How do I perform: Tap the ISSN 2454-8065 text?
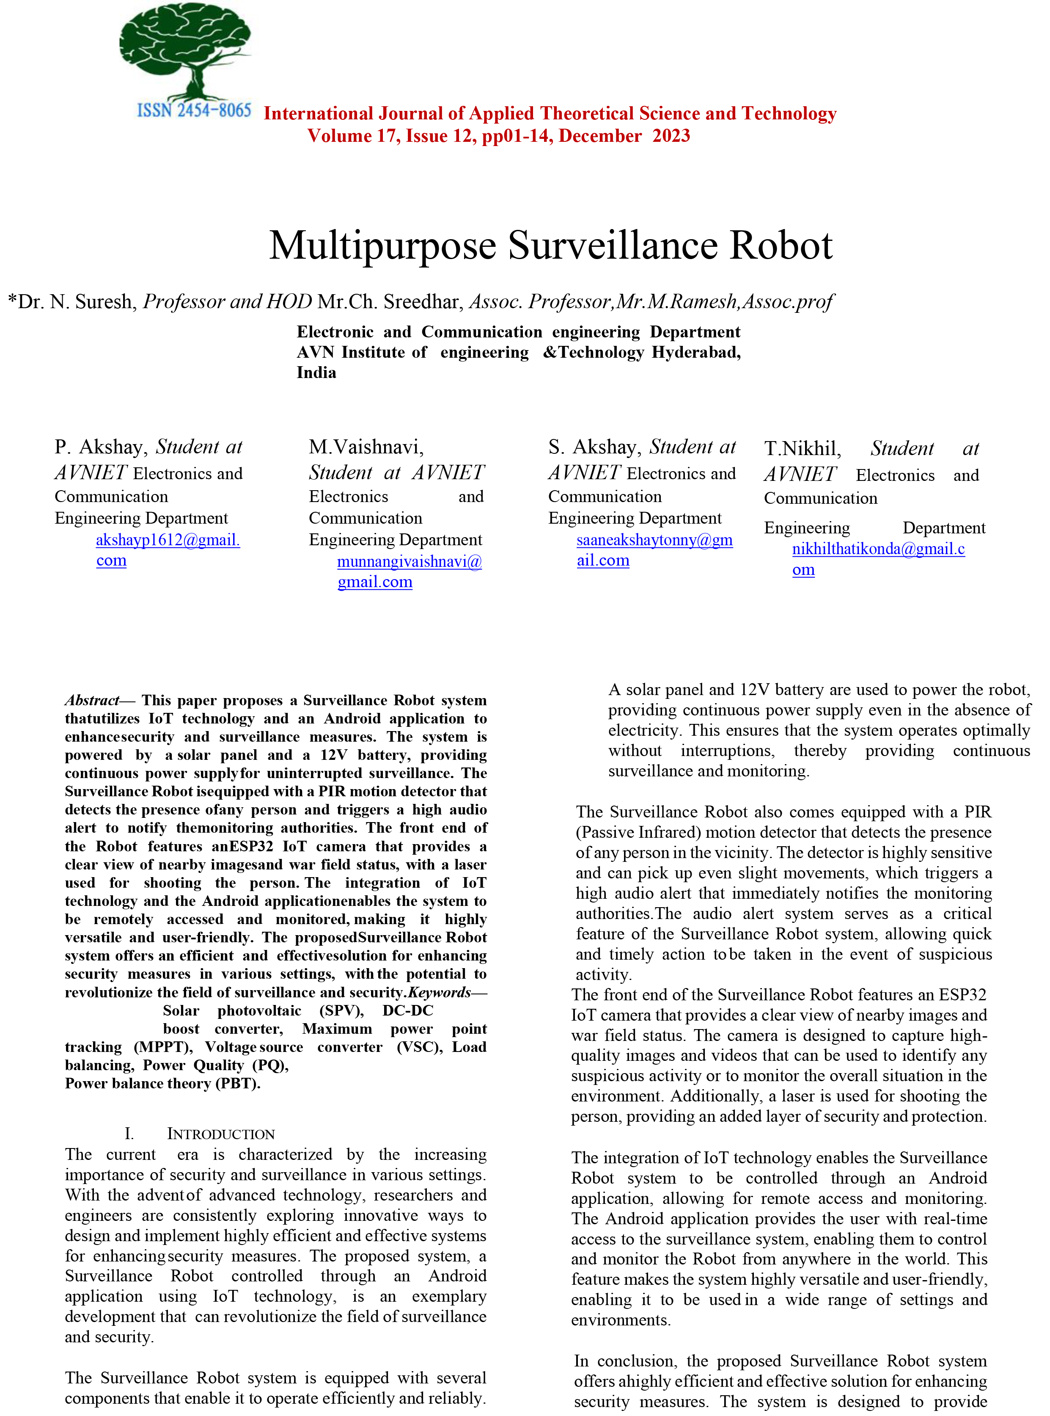point(194,110)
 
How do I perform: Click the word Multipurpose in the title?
point(382,246)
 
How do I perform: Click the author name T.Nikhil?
point(802,449)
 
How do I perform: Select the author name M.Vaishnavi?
point(366,447)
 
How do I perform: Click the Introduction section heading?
point(220,1134)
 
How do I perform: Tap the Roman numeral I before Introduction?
point(129,1134)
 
